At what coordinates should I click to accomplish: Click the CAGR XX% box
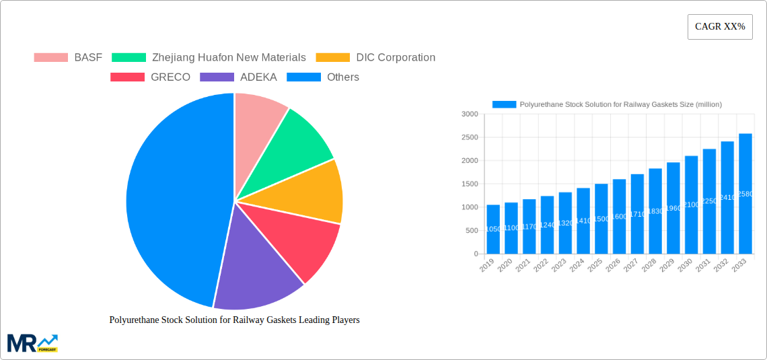720,27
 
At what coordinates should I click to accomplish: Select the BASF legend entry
68,58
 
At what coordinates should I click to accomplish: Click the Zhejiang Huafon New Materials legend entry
209,58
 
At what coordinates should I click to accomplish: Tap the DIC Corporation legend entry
375,58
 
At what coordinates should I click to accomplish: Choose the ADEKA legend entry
238,77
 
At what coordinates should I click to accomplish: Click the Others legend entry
323,77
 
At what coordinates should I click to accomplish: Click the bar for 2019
493,229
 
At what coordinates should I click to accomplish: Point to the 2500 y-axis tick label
470,137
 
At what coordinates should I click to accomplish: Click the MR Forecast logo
32,343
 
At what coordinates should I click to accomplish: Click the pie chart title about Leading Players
234,320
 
